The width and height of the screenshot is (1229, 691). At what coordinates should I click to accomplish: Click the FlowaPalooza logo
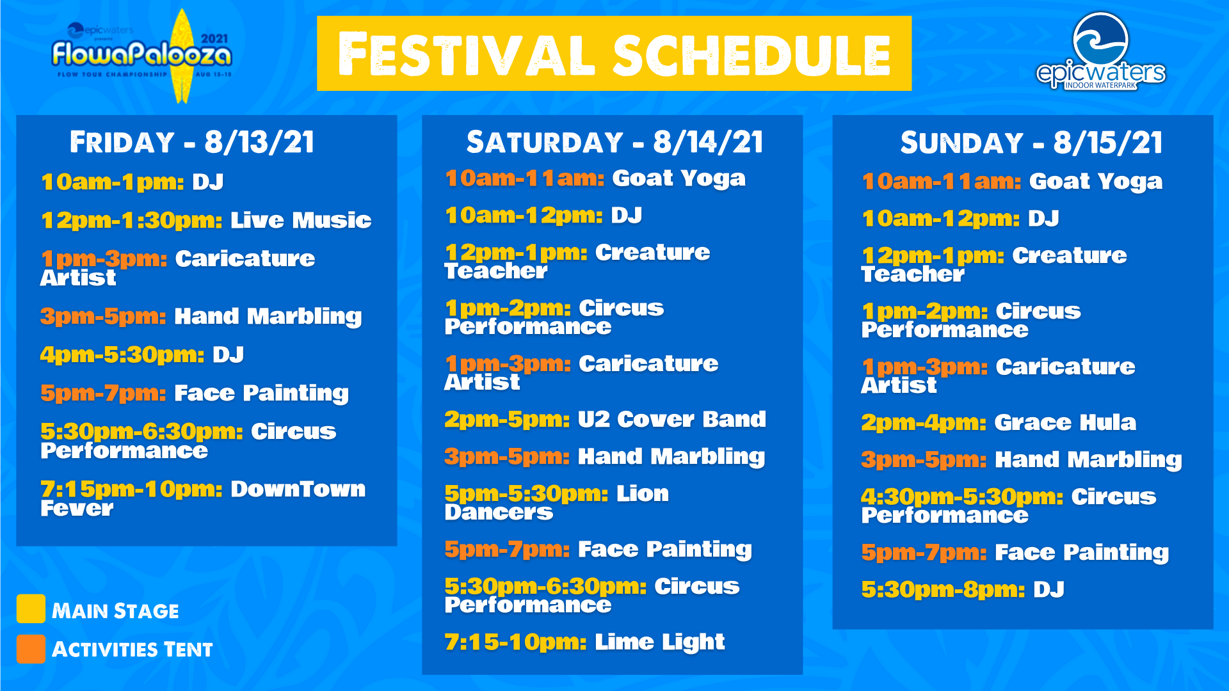(x=142, y=56)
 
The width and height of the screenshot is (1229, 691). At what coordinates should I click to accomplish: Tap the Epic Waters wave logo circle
(x=1100, y=40)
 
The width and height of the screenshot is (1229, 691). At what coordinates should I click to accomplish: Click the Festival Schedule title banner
(x=614, y=54)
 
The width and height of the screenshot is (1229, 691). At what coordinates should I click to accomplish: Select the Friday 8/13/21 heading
(x=192, y=142)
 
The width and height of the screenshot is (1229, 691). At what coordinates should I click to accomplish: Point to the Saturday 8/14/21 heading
(x=614, y=142)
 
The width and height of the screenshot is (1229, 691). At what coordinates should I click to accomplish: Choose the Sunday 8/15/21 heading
(x=1031, y=143)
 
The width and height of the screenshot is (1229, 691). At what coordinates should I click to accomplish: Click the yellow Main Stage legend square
(x=31, y=608)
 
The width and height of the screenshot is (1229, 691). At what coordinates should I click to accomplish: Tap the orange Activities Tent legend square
(x=31, y=649)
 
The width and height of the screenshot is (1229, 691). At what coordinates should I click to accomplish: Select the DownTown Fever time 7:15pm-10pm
(x=131, y=489)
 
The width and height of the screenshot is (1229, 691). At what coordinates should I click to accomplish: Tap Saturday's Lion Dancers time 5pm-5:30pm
(x=526, y=493)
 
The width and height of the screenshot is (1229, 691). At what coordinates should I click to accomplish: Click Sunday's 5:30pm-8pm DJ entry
(x=963, y=589)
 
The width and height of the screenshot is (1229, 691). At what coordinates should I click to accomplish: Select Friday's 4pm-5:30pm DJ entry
(x=142, y=354)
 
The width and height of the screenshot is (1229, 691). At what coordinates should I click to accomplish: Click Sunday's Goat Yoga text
(x=1096, y=182)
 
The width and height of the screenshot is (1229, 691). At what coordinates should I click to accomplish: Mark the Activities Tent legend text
(x=132, y=649)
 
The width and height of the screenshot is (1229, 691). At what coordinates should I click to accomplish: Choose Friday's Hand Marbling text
(x=268, y=317)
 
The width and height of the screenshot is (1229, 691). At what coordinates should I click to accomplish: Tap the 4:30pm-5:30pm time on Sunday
(x=962, y=496)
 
